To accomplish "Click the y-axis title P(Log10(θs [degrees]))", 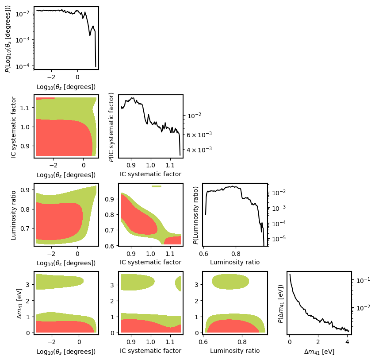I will [x=8, y=38].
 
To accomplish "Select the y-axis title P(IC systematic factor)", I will [x=112, y=126].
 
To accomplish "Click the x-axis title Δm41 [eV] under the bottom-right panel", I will [x=319, y=351].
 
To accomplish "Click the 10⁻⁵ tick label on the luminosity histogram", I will [x=277, y=239].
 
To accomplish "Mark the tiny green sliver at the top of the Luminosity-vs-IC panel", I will [x=157, y=186].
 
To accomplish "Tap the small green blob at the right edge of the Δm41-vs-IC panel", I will [x=179, y=283].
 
